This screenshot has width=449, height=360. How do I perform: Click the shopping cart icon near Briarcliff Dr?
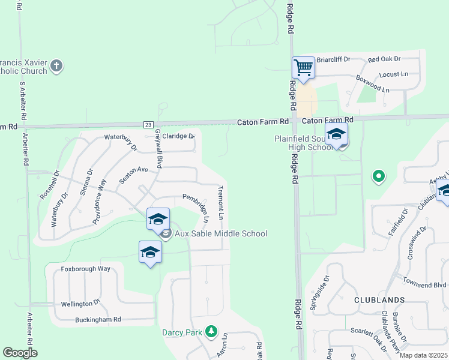point(304,67)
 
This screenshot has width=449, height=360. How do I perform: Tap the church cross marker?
point(56,65)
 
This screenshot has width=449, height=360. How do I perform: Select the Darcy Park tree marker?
point(211,331)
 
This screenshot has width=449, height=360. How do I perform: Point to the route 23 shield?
point(148,124)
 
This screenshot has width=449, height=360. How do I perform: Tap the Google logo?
point(20,353)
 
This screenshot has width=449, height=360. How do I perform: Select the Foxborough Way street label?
point(86,269)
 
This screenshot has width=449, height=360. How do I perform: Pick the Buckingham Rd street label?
point(98,319)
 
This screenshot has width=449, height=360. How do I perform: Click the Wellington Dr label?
point(80,304)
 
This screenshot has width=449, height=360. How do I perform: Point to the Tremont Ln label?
point(221,202)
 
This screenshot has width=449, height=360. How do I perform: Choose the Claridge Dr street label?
point(178,136)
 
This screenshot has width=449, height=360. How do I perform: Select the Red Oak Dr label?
point(384,59)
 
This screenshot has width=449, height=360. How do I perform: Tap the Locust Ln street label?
point(394,74)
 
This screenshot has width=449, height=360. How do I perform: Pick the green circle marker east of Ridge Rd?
point(378,176)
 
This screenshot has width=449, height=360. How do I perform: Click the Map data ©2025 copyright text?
point(424,355)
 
